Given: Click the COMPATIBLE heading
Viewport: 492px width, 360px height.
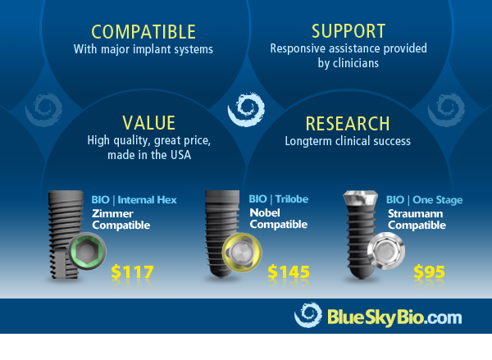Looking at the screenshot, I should pyautogui.click(x=143, y=32).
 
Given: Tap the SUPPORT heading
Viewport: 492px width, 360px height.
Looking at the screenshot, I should pyautogui.click(x=348, y=32).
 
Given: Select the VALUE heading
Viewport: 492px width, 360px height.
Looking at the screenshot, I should pyautogui.click(x=149, y=123).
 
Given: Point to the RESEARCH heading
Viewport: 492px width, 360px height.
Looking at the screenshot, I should pyautogui.click(x=348, y=124).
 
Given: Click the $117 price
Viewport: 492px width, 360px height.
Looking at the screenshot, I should pyautogui.click(x=131, y=272).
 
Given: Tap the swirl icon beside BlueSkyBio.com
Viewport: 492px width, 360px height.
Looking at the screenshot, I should pyautogui.click(x=307, y=316).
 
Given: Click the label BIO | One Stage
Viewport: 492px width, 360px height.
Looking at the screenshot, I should pyautogui.click(x=424, y=199).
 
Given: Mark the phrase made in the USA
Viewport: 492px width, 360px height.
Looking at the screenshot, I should pyautogui.click(x=149, y=154).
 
